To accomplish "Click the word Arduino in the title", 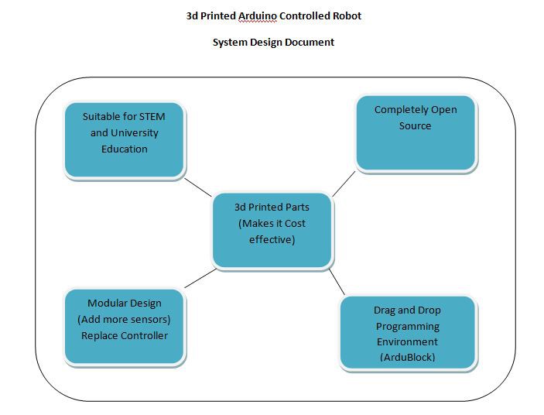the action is (258, 16).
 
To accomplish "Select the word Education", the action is (125, 149).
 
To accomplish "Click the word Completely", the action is (401, 110).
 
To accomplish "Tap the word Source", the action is (415, 125).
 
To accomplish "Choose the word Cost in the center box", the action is (295, 224).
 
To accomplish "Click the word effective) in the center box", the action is (272, 240).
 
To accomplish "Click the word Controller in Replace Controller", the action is (145, 336).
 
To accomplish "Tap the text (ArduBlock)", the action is (407, 358).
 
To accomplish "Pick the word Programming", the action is (408, 327).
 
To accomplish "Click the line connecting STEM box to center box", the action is (198, 187).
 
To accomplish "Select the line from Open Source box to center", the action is (344, 184).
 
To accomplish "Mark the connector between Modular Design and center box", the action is (200, 278).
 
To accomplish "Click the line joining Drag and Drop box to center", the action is (337, 282).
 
